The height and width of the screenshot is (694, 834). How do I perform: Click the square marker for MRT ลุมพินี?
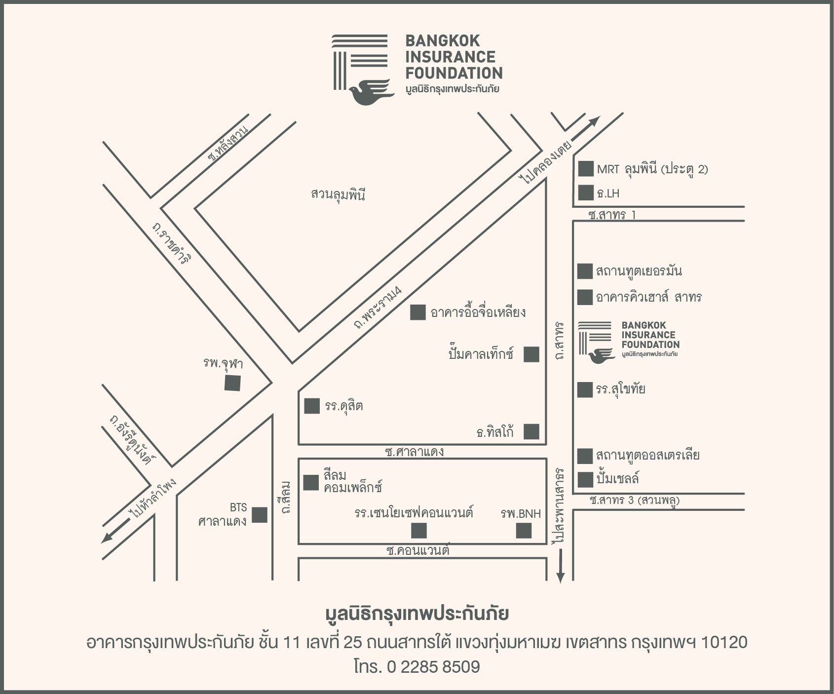[x=585, y=169]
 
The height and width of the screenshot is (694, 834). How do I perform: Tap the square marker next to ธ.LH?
[x=585, y=193]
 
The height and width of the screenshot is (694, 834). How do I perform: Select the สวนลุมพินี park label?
[x=338, y=194]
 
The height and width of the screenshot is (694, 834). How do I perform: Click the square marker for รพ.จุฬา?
[x=232, y=383]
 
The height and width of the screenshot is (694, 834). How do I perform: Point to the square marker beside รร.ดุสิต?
[x=311, y=406]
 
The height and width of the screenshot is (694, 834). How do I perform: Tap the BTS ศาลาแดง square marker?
[x=260, y=515]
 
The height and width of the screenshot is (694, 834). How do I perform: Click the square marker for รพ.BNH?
[x=524, y=531]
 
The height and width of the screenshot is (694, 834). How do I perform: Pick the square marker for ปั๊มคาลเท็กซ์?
[x=531, y=354]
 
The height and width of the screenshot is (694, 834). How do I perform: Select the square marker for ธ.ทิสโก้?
[x=531, y=431]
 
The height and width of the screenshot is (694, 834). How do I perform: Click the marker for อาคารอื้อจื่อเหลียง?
[x=417, y=312]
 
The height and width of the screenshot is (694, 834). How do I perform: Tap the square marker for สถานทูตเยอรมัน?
[x=585, y=271]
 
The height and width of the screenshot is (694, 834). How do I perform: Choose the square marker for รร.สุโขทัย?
[x=585, y=389]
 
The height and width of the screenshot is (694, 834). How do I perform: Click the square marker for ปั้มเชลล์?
[x=585, y=479]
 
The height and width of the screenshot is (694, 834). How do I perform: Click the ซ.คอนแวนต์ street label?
[x=418, y=550]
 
